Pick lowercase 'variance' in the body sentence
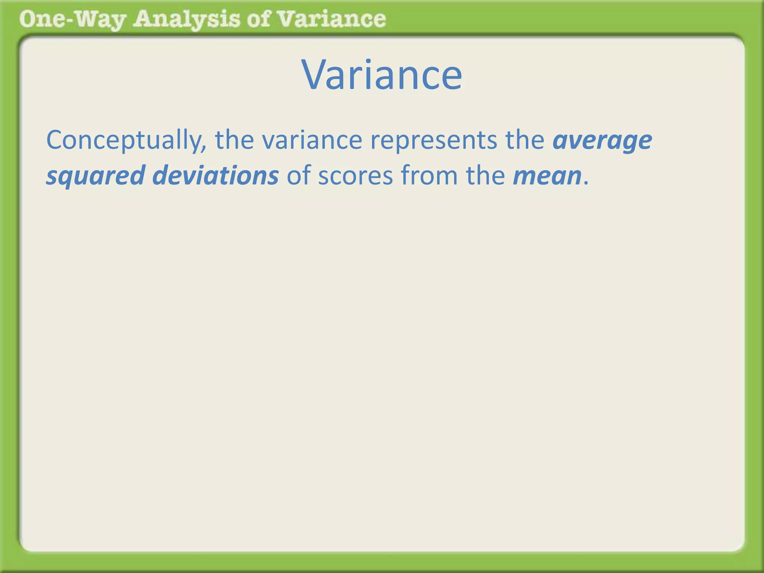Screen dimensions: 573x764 tap(312, 141)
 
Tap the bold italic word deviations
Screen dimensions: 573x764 tap(216, 175)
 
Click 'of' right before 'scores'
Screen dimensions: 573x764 tap(298, 175)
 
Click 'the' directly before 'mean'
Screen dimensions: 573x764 tap(485, 175)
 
